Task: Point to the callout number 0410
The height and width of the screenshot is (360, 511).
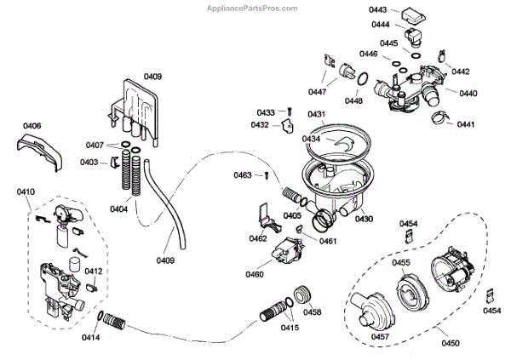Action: point(25,192)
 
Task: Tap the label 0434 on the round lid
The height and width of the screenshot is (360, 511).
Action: point(311,138)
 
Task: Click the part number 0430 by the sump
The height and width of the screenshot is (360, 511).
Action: point(365,219)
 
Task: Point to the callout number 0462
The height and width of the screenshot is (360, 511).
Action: point(258,239)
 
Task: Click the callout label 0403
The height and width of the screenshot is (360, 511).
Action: point(89,161)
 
